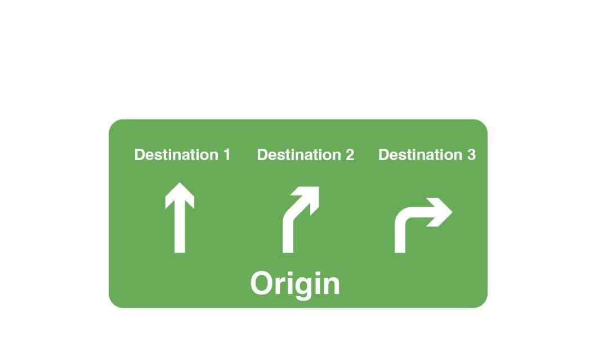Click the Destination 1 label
point(182,154)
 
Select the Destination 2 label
point(305,154)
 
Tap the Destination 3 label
point(427,154)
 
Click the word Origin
point(295,284)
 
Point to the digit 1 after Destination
point(226,154)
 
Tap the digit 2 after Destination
point(350,154)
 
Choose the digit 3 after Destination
point(471,154)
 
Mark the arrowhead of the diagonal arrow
point(311,195)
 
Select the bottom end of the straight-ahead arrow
point(180,249)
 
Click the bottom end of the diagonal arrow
point(288,249)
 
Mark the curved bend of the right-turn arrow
point(403,217)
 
